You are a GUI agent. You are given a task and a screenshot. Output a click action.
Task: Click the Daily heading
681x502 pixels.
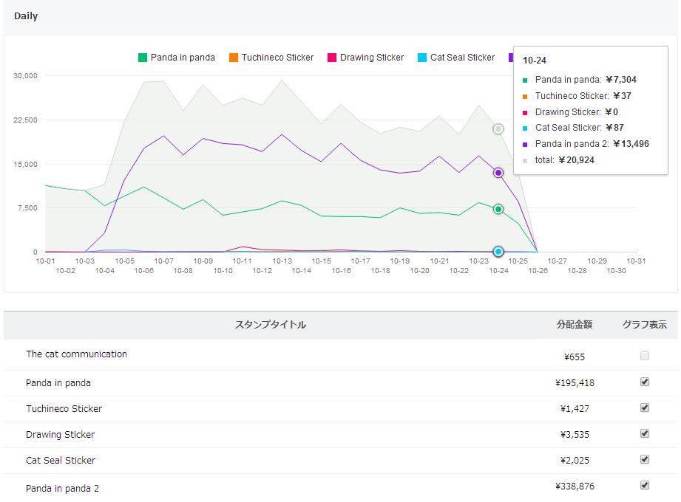tap(26, 16)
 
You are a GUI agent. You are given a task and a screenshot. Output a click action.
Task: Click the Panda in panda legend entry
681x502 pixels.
tap(177, 58)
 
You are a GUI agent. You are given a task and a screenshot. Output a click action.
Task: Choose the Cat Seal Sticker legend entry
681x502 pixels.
tap(456, 58)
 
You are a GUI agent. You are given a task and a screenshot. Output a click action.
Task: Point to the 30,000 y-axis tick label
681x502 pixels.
tap(26, 75)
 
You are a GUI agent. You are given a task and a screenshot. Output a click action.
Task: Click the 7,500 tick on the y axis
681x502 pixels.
tap(28, 208)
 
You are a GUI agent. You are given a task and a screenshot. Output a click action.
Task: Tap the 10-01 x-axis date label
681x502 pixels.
tap(46, 261)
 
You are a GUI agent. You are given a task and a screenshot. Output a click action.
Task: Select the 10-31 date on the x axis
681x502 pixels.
tap(636, 261)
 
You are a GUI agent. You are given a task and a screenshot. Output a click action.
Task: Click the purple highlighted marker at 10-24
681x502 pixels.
tap(498, 173)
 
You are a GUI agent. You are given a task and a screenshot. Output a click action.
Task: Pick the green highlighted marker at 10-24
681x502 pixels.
tap(498, 209)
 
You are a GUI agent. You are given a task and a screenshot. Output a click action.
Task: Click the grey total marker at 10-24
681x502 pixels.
tap(498, 129)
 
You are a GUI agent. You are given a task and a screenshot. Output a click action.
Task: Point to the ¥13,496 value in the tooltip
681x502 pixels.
tap(627, 144)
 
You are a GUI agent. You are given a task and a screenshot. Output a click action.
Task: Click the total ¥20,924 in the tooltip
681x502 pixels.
tap(576, 160)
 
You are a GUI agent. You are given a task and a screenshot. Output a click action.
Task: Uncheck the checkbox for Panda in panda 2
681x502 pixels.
tap(645, 485)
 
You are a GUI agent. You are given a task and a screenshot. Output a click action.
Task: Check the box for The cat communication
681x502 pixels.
tap(645, 356)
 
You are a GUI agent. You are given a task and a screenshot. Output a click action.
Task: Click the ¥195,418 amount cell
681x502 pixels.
tap(575, 383)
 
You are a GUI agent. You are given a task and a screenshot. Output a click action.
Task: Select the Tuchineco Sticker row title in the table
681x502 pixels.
tap(64, 409)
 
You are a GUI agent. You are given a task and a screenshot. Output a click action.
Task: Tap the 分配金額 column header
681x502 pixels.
tap(575, 325)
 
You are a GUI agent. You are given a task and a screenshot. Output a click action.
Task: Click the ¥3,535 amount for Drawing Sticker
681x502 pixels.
tap(575, 435)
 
